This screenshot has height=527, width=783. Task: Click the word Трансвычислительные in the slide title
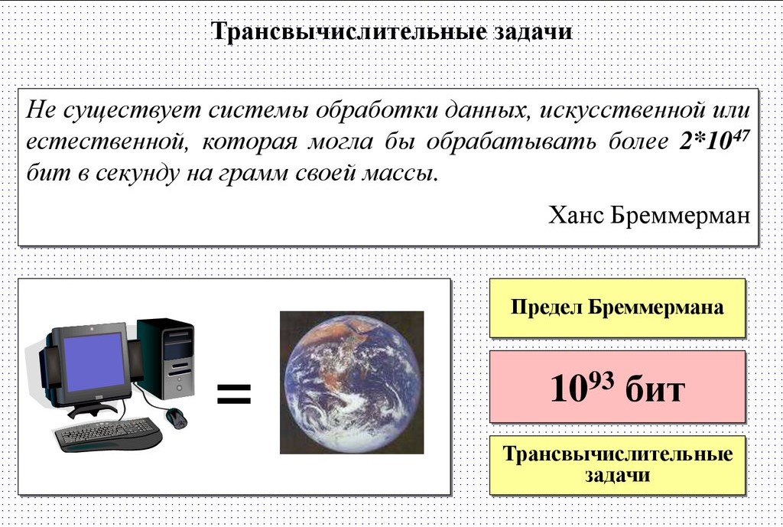pyautogui.click(x=348, y=33)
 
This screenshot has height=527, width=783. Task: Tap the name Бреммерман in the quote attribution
pyautogui.click(x=680, y=215)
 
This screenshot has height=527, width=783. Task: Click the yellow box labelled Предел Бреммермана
pyautogui.click(x=616, y=308)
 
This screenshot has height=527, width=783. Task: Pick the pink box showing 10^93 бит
pyautogui.click(x=616, y=387)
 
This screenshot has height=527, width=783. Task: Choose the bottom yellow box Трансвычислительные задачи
pyautogui.click(x=616, y=465)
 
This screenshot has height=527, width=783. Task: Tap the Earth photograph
pyautogui.click(x=351, y=382)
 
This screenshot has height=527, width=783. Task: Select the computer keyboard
pyautogui.click(x=109, y=435)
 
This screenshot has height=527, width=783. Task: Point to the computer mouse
pyautogui.click(x=177, y=418)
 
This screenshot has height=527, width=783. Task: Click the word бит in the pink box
pyautogui.click(x=655, y=389)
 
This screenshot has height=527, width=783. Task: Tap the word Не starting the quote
pyautogui.click(x=40, y=109)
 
